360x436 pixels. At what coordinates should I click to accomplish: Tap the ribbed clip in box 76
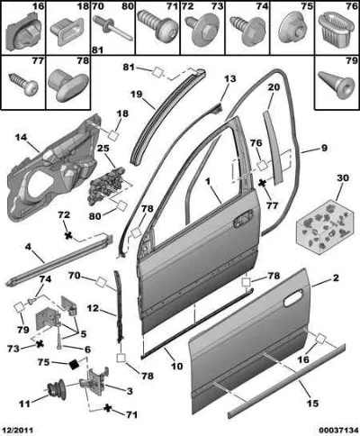coord(335,28)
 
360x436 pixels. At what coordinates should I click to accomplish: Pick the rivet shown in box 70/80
coord(112,28)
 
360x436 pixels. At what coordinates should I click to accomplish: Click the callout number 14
coord(21,138)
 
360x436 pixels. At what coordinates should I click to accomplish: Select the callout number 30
coord(343,178)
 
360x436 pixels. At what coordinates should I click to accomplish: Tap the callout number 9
coord(324,148)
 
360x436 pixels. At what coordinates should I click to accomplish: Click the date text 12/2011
coord(17,430)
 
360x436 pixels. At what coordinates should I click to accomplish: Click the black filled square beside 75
coord(74,364)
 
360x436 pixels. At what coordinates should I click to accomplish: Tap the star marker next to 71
coord(107,408)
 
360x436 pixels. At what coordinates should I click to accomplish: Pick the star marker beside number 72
coord(69,236)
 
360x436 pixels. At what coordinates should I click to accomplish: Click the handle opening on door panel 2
coord(293,298)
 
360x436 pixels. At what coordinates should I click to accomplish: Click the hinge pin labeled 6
coord(60,339)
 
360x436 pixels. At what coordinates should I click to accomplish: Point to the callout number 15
coord(311,404)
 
